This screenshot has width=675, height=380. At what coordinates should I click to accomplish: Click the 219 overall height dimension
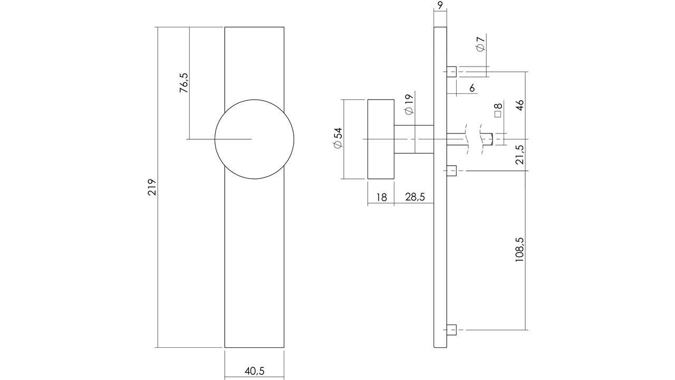(152, 187)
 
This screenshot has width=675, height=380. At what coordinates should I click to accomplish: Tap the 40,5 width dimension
(254, 371)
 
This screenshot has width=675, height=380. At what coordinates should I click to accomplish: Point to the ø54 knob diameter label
(337, 138)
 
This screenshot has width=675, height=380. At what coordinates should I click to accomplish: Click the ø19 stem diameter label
(408, 104)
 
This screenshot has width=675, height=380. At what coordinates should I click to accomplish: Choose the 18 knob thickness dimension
(381, 197)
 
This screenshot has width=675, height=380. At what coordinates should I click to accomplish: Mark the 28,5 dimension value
(415, 197)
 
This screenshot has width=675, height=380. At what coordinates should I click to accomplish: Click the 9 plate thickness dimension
(440, 6)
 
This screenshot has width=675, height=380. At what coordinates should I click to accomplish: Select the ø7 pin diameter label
(480, 44)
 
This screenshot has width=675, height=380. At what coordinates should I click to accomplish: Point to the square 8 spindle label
(498, 110)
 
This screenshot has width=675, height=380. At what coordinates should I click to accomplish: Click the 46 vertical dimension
(520, 104)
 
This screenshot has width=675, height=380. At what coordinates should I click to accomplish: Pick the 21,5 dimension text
(520, 155)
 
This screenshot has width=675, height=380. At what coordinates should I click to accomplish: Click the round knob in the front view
(254, 139)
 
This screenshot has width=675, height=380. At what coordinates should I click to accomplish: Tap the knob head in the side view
(380, 139)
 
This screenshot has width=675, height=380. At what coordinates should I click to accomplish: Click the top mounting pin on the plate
(451, 71)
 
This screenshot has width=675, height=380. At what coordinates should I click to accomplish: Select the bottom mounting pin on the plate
(451, 330)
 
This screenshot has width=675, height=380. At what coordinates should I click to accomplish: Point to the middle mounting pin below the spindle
(451, 170)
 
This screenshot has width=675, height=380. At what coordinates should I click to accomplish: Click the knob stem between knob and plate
(413, 139)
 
